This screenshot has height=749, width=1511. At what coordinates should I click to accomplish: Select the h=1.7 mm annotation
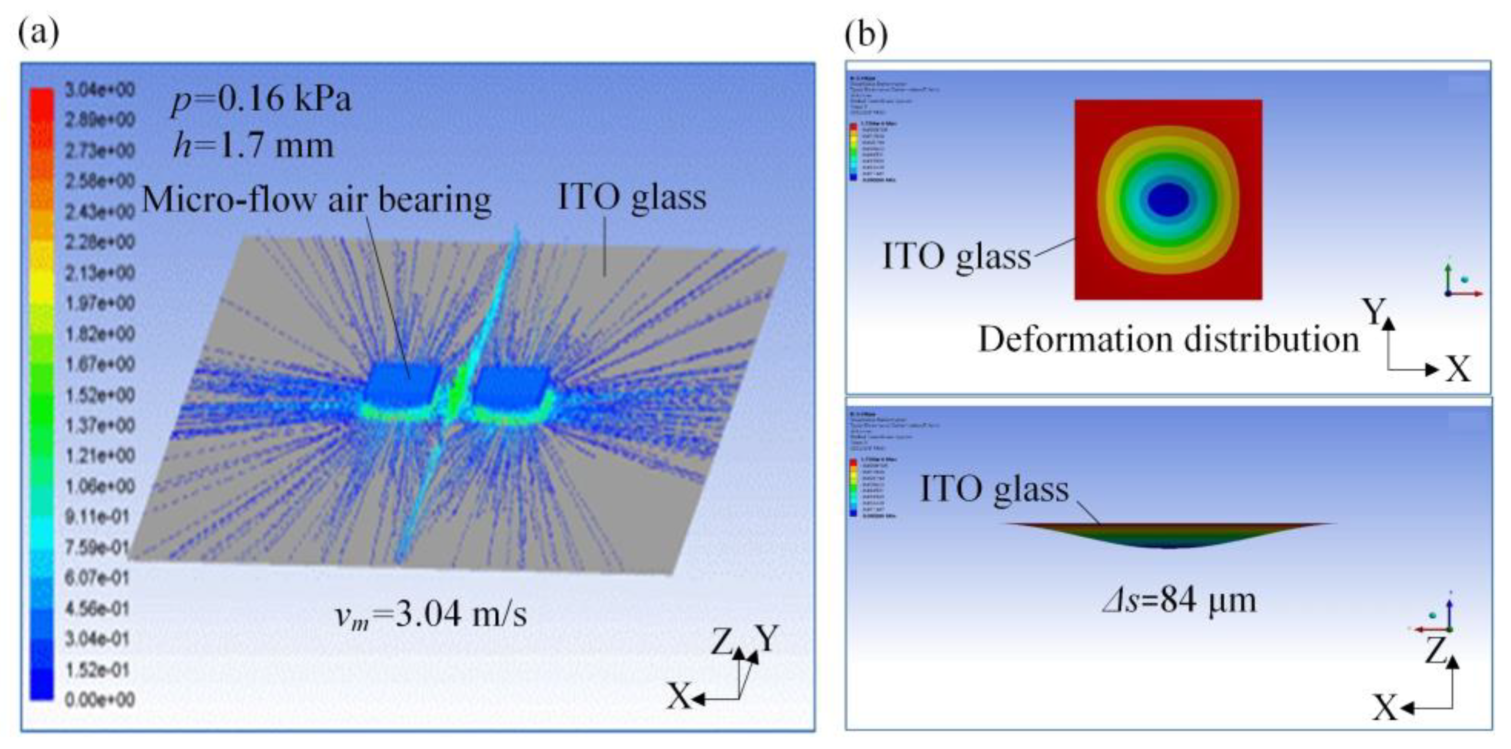(254, 146)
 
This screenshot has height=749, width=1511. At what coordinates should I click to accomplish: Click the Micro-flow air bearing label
(317, 199)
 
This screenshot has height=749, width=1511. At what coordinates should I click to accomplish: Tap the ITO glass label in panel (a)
(632, 197)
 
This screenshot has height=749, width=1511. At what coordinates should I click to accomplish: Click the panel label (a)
(39, 33)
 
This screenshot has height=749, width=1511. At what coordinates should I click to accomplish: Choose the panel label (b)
(866, 35)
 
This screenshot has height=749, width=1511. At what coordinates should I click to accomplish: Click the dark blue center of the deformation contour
(1168, 199)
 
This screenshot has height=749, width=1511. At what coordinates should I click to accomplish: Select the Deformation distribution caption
(1168, 339)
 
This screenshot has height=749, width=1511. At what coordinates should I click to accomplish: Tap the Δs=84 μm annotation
(1179, 600)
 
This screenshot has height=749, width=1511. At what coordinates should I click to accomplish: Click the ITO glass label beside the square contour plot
(957, 256)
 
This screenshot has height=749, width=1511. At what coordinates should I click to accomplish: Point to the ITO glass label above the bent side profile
(995, 489)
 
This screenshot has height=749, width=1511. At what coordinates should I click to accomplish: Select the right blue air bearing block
(512, 384)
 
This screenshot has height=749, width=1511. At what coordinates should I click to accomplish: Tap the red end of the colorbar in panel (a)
(41, 100)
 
